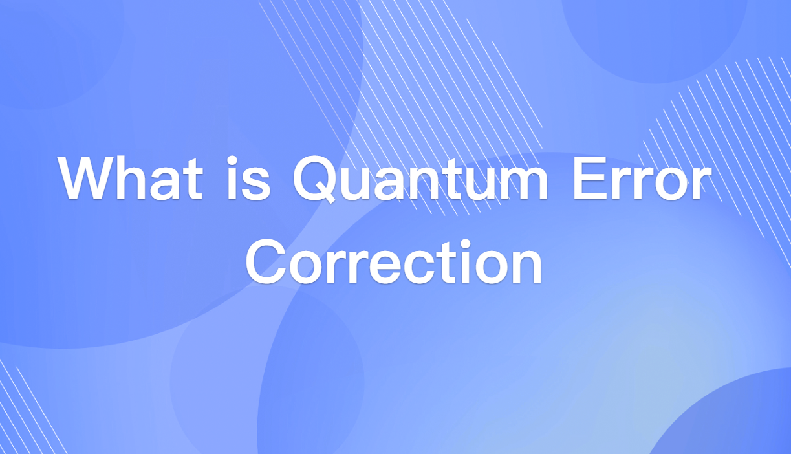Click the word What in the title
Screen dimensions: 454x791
pos(129,178)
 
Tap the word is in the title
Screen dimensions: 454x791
pos(249,178)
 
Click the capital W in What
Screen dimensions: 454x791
pos(87,178)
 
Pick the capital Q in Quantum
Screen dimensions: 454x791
pos(315,178)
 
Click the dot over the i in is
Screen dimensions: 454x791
pos(234,158)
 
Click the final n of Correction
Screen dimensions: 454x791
pos(528,267)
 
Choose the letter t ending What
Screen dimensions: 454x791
pos(192,180)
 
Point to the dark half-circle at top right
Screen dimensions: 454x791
pos(653,36)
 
